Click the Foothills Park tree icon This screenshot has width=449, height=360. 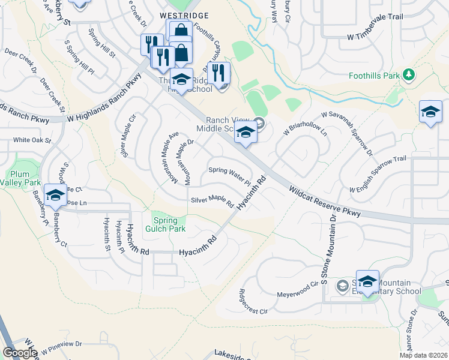[x=409, y=75]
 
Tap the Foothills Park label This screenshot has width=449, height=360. [x=375, y=76]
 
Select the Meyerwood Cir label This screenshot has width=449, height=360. [x=297, y=290]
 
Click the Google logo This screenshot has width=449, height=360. [x=19, y=353]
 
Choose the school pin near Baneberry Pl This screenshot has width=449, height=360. [x=55, y=196]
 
